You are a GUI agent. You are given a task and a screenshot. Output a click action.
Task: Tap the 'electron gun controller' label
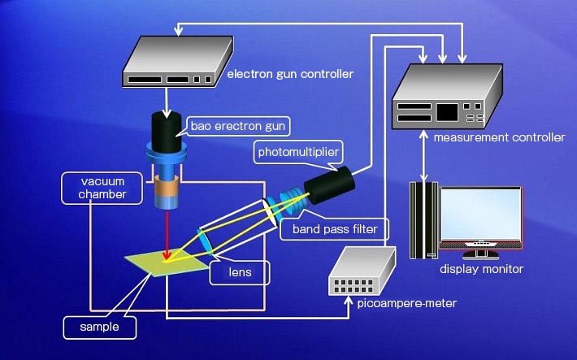click(290, 75)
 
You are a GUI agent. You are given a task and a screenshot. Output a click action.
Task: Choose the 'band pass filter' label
click(329, 229)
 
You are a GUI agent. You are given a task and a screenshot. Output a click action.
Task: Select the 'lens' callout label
click(240, 273)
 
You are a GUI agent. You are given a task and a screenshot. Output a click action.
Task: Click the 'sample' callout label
click(99, 327)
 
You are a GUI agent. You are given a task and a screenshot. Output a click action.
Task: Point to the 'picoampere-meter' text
click(406, 304)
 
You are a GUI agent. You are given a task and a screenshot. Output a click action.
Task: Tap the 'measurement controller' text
click(498, 137)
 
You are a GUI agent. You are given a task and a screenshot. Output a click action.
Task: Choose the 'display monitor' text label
click(481, 268)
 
